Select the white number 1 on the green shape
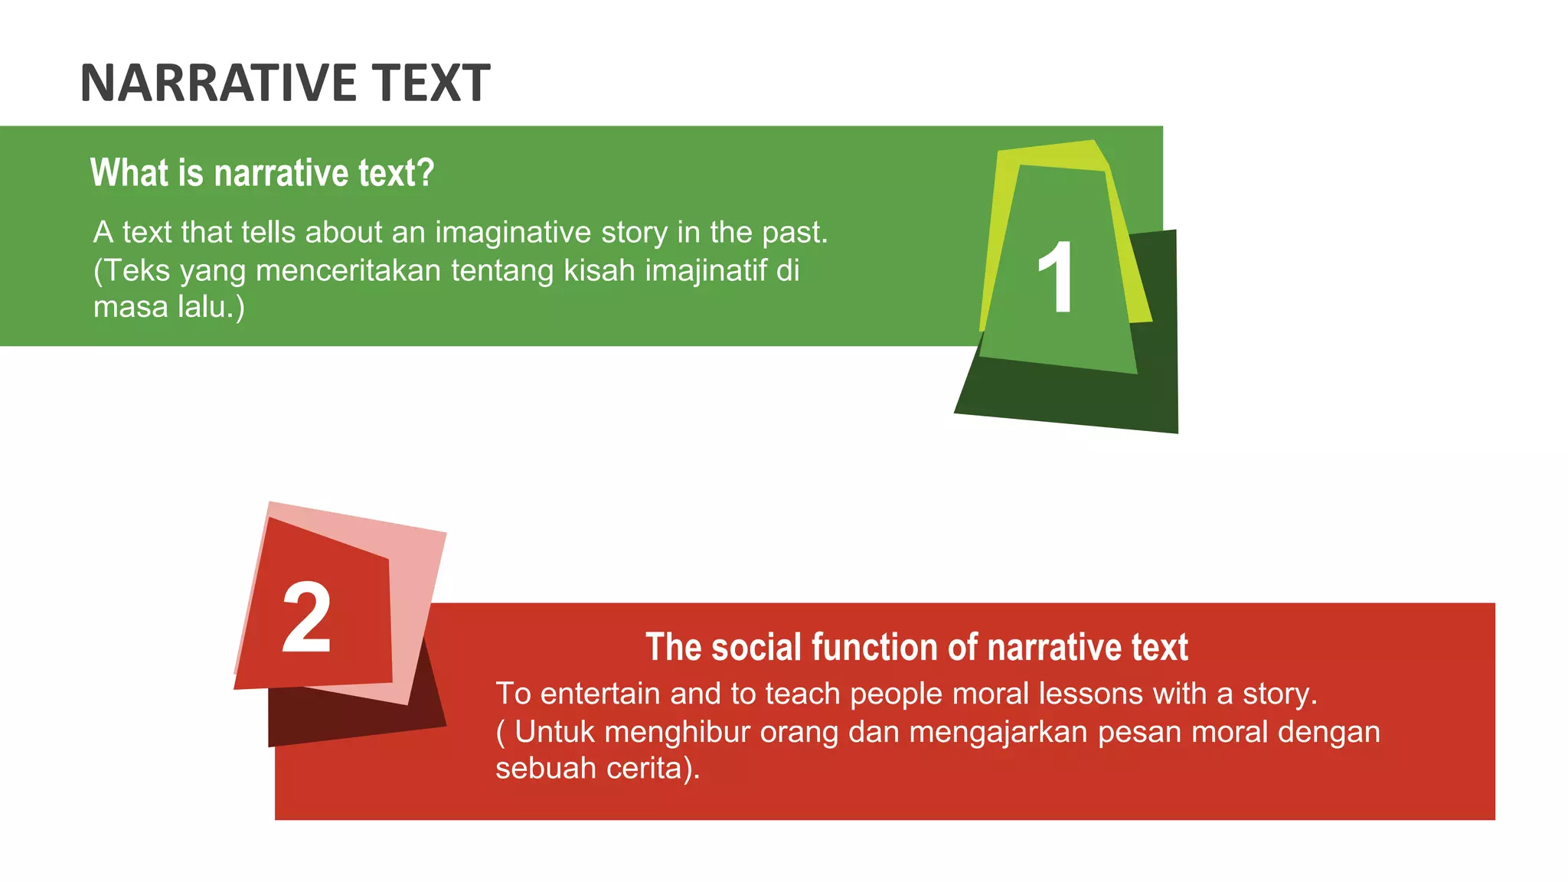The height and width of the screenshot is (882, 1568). point(1056,276)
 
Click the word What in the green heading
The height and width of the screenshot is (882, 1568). point(129,173)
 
